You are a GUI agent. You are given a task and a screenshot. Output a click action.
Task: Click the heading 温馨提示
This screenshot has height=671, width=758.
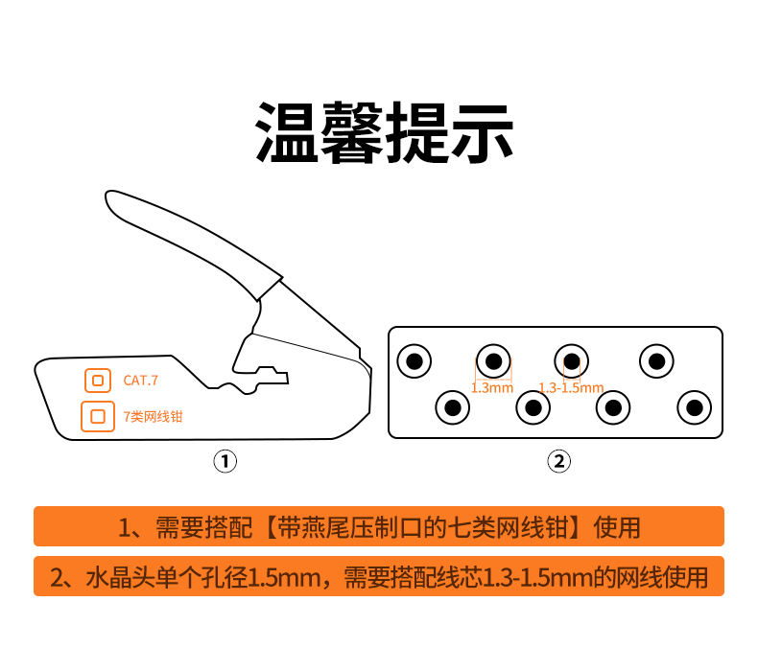pyautogui.click(x=384, y=132)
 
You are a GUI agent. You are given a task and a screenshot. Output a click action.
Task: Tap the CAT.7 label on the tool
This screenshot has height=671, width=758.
pyautogui.click(x=141, y=381)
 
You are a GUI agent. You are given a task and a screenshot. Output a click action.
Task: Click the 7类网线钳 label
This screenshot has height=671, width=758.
pyautogui.click(x=153, y=416)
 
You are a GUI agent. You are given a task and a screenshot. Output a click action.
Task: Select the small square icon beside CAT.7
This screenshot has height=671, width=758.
pyautogui.click(x=98, y=381)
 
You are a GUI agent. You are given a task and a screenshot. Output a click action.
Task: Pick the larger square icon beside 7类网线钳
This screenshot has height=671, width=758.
pyautogui.click(x=98, y=416)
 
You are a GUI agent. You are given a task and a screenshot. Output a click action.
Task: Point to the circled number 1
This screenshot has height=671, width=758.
pyautogui.click(x=225, y=461)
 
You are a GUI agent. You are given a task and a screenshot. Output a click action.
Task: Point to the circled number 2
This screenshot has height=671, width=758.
pyautogui.click(x=558, y=461)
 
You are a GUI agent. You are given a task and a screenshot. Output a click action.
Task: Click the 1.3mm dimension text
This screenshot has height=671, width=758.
pyautogui.click(x=492, y=388)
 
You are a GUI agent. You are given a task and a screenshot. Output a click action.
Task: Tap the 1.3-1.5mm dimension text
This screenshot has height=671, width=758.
pyautogui.click(x=572, y=388)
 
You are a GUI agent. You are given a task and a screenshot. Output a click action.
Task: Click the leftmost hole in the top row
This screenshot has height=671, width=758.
pyautogui.click(x=415, y=360)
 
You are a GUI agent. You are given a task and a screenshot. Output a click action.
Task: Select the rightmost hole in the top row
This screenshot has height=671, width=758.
pyautogui.click(x=656, y=360)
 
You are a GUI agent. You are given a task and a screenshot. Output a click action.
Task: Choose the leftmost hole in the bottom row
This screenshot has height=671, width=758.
pyautogui.click(x=453, y=407)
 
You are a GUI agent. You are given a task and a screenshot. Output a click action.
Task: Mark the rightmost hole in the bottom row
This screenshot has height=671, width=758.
pyautogui.click(x=694, y=407)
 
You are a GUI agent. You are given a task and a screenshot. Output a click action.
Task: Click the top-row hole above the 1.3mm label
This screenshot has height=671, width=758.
pyautogui.click(x=493, y=360)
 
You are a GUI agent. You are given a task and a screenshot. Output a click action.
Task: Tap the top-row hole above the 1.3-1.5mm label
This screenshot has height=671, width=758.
pyautogui.click(x=572, y=360)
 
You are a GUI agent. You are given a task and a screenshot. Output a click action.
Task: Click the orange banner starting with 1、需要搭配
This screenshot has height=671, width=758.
pyautogui.click(x=379, y=526)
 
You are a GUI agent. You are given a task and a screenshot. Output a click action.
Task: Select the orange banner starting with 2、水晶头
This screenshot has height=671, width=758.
pyautogui.click(x=379, y=576)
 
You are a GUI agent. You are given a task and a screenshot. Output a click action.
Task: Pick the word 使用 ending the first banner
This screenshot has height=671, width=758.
pyautogui.click(x=617, y=527)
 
